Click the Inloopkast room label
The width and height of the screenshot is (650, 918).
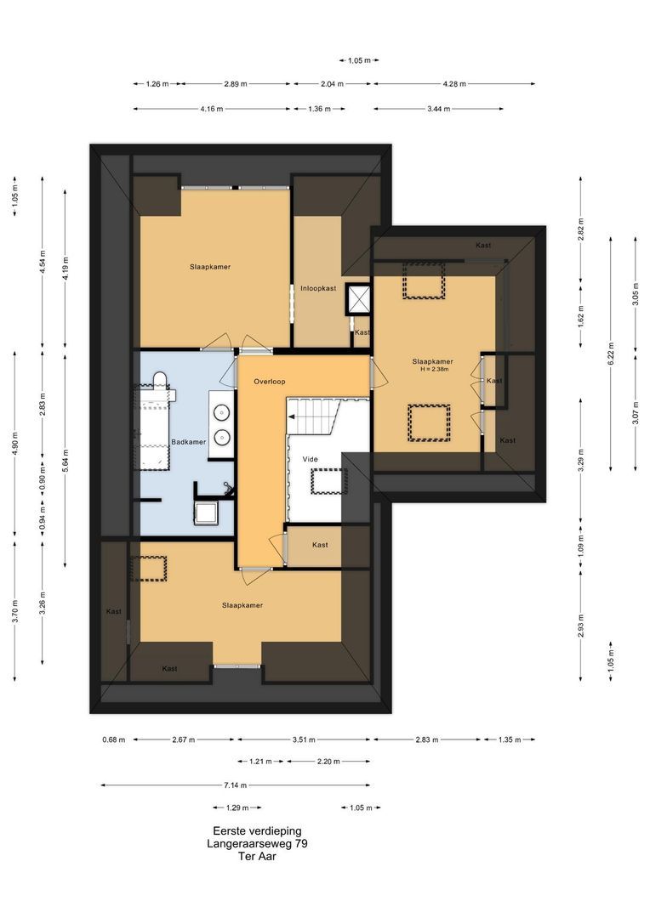coord(318,289)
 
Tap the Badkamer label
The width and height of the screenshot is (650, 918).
coord(188,442)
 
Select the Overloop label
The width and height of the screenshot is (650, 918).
coord(270,382)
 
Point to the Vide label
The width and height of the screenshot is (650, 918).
coord(310,459)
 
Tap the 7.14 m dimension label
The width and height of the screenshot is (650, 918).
coord(235,785)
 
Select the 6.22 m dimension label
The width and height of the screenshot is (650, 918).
coord(611,353)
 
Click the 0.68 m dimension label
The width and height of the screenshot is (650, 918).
coord(114,739)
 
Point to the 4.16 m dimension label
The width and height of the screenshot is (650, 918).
coord(212,109)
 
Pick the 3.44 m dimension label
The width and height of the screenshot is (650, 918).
coord(438,109)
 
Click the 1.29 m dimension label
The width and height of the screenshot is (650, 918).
coord(237,808)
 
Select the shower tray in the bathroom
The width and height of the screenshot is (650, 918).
coord(207,513)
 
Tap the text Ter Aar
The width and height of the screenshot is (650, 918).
coord(257,856)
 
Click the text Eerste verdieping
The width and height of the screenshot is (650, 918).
coord(257,830)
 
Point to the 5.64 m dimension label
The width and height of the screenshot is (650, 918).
coord(65,461)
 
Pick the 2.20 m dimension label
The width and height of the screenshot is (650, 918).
coord(328,762)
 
